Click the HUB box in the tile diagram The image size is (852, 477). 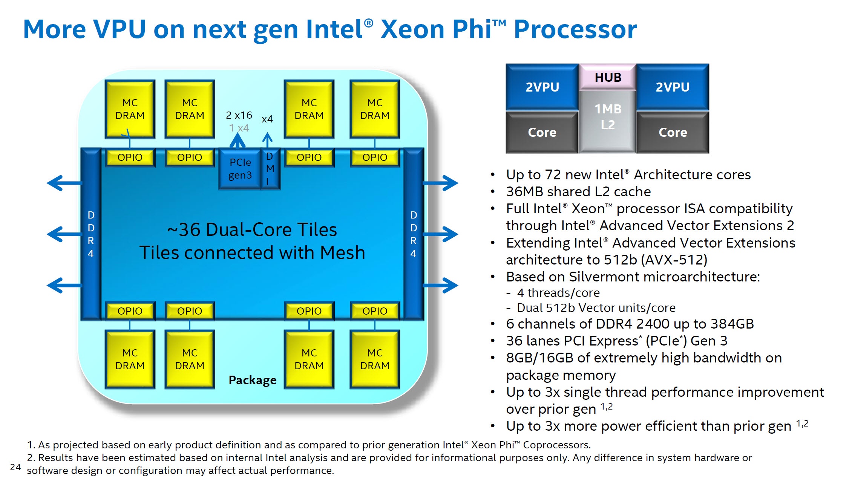click(x=608, y=77)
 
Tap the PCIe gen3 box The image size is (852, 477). click(x=240, y=168)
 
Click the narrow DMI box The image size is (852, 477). click(x=270, y=168)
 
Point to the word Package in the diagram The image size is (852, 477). click(x=253, y=380)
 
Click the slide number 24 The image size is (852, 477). click(x=15, y=467)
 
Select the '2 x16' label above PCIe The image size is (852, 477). click(x=239, y=115)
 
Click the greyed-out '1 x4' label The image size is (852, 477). click(x=239, y=128)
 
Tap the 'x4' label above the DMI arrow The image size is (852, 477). click(x=267, y=119)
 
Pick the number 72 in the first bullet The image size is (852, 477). click(x=553, y=175)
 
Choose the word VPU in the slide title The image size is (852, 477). click(x=120, y=29)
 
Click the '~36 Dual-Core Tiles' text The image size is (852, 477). click(x=252, y=229)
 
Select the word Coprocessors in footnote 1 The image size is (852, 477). click(x=557, y=445)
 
